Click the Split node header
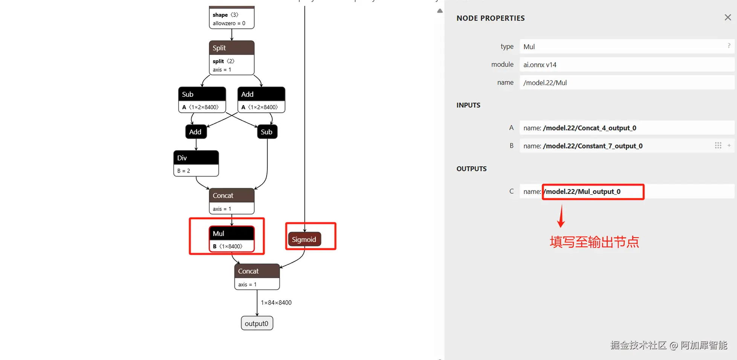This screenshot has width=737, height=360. (x=232, y=48)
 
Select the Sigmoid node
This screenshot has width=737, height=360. (x=304, y=239)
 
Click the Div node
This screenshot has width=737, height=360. (x=196, y=163)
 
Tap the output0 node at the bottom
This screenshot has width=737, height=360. (x=257, y=323)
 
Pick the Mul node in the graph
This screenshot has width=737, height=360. (x=232, y=239)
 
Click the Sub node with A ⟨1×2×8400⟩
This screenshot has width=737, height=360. (x=202, y=100)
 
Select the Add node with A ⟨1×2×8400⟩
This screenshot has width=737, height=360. (x=261, y=100)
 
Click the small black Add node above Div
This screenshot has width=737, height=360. (x=196, y=132)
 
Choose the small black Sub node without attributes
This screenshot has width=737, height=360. (x=267, y=132)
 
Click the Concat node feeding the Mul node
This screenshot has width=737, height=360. (x=232, y=201)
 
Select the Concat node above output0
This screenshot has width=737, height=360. (x=257, y=277)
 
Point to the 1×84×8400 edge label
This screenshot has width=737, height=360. (x=276, y=302)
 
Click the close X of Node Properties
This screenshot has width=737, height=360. (x=728, y=18)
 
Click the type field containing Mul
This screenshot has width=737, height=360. (x=627, y=47)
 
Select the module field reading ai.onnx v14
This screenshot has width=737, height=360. (x=627, y=65)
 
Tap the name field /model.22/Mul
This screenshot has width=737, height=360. (x=627, y=83)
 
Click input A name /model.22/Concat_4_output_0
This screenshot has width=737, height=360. (x=589, y=128)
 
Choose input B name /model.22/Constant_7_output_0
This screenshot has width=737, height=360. (x=593, y=146)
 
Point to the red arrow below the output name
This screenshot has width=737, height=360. (x=561, y=216)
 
